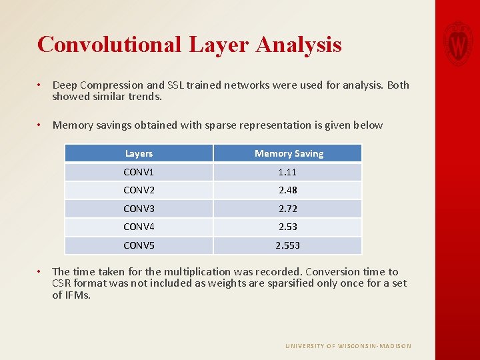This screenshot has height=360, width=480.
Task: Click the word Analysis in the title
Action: point(299,45)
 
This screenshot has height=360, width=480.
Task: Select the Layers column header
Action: point(139,153)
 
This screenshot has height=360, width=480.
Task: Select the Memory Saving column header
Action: point(289,153)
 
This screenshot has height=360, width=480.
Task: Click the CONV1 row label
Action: point(139,172)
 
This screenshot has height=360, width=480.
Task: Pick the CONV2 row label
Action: point(139,190)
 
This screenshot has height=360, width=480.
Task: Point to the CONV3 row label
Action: point(139,209)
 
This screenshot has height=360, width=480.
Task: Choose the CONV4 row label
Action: point(139,227)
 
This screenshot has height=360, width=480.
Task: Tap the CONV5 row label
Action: point(139,245)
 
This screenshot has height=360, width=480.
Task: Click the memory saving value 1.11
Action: point(288,172)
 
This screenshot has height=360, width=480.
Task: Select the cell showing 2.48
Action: point(288,190)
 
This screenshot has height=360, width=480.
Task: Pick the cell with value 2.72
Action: point(288,209)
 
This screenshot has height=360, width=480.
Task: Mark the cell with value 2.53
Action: point(288,227)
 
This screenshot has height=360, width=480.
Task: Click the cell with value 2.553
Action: point(288,245)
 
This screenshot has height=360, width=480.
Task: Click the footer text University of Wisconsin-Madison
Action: point(348,346)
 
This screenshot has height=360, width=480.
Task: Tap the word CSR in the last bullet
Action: point(63,283)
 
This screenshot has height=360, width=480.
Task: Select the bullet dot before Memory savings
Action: point(41,125)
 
